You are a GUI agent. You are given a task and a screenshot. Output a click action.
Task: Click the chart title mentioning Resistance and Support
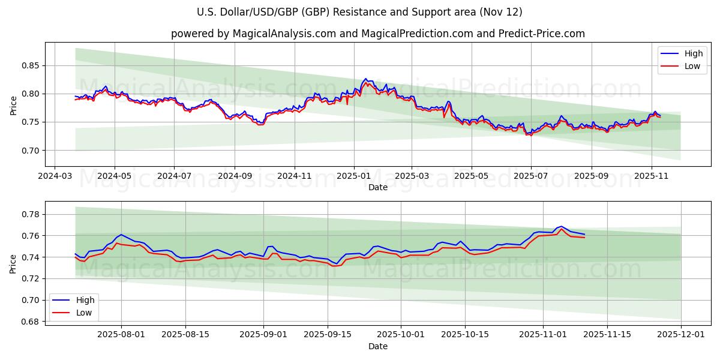(x=359, y=12)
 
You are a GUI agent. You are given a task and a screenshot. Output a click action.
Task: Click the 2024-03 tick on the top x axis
(x=55, y=177)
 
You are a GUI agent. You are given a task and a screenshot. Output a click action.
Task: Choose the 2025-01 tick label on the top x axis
(x=353, y=177)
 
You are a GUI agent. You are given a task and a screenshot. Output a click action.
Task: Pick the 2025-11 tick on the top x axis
(x=652, y=177)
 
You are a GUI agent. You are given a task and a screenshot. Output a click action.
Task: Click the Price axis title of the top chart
(x=14, y=105)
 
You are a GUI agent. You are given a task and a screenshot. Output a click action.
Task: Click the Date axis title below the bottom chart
(x=378, y=346)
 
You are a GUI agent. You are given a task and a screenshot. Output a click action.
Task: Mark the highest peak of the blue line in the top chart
(x=365, y=79)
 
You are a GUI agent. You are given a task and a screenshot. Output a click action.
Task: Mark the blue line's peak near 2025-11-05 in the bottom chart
(x=561, y=226)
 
